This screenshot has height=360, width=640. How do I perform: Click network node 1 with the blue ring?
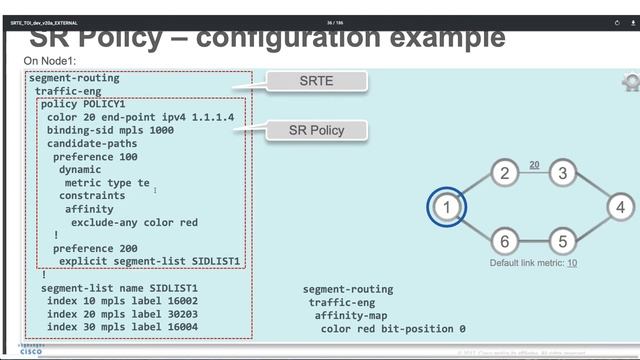448,208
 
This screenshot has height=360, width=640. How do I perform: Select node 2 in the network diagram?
505,173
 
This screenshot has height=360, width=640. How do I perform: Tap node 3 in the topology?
563,173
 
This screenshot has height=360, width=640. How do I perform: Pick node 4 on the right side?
620,208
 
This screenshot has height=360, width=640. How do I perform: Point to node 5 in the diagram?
563,241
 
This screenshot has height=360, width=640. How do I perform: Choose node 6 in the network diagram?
505,241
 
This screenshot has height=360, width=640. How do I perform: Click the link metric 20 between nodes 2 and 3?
534,164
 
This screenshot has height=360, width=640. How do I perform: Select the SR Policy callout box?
316,130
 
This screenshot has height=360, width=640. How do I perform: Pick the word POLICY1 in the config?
104,104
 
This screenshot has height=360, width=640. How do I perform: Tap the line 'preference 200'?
95,247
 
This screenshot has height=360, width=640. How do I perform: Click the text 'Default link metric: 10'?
533,263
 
